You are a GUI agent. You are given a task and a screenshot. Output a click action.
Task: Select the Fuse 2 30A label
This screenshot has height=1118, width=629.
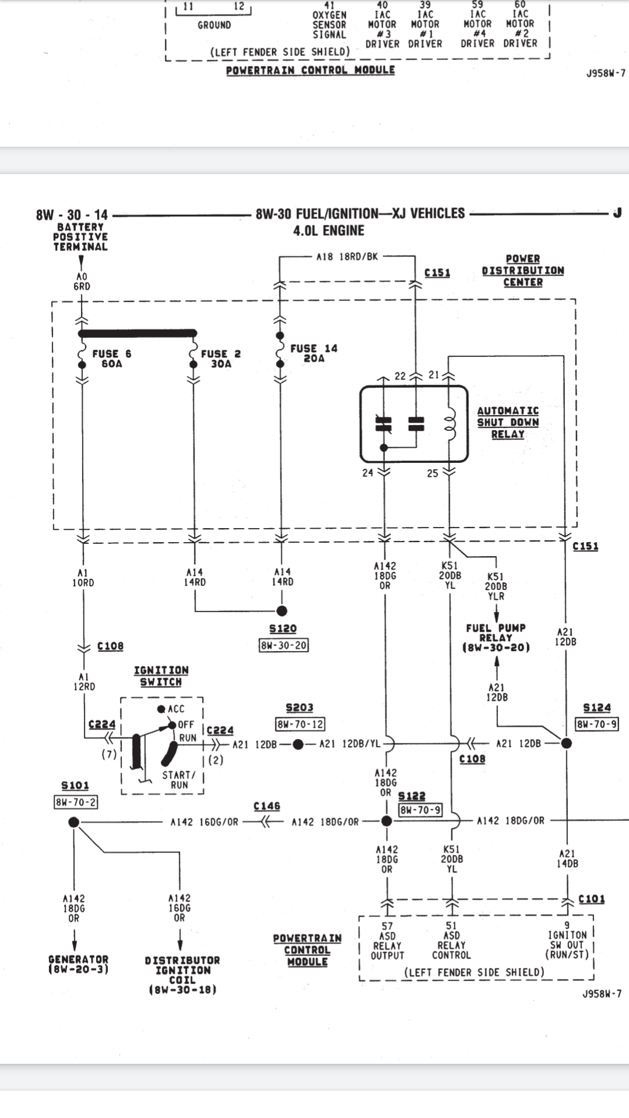point(221,358)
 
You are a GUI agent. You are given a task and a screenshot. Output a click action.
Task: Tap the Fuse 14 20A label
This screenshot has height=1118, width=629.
point(314,353)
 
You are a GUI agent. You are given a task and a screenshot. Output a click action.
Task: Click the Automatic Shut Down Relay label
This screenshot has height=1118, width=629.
point(508,422)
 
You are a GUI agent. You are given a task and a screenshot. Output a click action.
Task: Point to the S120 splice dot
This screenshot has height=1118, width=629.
point(282,611)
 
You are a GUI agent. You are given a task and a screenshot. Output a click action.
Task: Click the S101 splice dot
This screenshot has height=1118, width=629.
point(73,822)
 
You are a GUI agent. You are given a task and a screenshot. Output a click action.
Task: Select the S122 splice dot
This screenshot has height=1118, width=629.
point(386,821)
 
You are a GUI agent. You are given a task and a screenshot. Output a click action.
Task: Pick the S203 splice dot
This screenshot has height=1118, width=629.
point(298,744)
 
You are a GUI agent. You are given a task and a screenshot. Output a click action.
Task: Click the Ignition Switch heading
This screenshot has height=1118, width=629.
point(161,676)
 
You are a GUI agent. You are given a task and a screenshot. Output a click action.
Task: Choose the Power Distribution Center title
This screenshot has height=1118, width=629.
point(523,270)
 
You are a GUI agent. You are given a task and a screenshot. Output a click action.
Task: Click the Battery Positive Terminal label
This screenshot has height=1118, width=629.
point(80,237)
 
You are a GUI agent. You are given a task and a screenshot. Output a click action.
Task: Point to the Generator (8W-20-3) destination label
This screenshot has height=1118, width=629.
point(79,964)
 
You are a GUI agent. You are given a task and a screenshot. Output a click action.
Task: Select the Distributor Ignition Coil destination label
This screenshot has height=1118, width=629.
point(182,975)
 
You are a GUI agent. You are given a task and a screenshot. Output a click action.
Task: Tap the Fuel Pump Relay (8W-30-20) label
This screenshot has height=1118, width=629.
point(496,638)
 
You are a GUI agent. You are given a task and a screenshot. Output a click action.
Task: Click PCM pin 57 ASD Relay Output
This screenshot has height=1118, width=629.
point(387,940)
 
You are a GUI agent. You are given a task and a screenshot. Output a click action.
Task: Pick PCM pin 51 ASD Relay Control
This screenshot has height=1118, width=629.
point(451,940)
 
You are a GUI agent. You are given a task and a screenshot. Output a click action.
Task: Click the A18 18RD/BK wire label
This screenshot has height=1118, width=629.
point(347,256)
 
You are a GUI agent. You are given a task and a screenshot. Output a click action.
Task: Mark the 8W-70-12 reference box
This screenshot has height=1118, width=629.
point(300,724)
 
